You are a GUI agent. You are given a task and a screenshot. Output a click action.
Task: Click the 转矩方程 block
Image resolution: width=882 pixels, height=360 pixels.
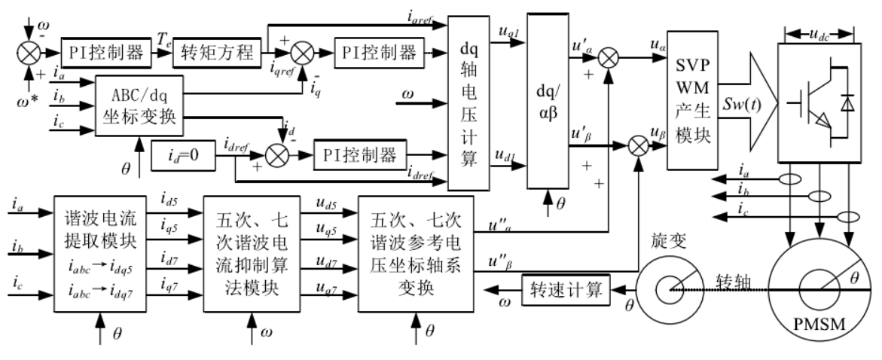tap(218, 53)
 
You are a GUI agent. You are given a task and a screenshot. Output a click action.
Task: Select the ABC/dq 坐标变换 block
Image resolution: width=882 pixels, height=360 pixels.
tap(140, 105)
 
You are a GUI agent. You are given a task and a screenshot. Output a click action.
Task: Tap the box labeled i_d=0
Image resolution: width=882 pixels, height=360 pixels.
tap(183, 155)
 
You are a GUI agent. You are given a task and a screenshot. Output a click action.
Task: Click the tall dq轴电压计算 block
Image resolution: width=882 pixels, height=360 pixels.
tap(469, 102)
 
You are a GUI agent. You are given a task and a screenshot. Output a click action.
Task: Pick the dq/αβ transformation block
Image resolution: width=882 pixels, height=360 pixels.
tap(548, 101)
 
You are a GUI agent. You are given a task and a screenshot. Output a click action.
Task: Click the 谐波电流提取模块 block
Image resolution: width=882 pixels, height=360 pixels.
tap(100, 254)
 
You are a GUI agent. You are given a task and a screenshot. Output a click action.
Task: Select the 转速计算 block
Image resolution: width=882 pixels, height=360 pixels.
tap(566, 290)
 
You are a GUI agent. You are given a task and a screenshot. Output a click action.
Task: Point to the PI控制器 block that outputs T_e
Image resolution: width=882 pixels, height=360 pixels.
tap(107, 53)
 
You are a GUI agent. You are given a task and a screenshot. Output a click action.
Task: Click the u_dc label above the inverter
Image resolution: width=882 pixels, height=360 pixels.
tap(821, 34)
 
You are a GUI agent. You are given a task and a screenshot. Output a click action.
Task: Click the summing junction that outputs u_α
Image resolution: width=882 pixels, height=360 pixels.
tap(608, 57)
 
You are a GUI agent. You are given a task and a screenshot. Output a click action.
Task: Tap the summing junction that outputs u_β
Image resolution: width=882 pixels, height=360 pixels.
tap(638, 146)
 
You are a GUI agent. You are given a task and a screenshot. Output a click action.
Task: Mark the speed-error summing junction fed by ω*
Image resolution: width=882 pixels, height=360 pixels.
tap(27, 53)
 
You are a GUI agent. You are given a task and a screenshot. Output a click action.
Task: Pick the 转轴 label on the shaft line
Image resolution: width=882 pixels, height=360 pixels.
tap(734, 281)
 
